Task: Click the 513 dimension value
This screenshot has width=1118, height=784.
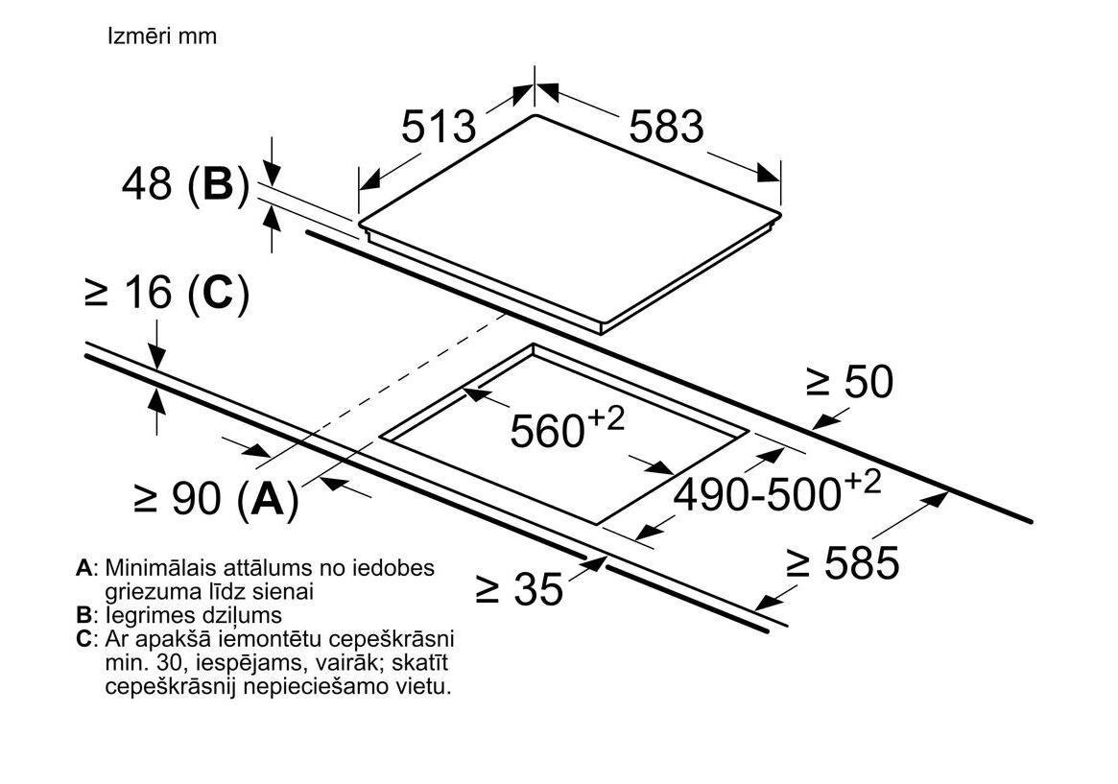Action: click(x=439, y=127)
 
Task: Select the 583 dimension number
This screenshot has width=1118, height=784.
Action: click(x=666, y=127)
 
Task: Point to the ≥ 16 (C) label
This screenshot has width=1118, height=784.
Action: click(x=166, y=294)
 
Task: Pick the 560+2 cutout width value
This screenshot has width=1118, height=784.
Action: click(x=567, y=428)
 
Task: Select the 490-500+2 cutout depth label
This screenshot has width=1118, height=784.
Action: click(x=777, y=492)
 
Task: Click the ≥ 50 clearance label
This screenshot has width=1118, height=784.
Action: click(x=849, y=382)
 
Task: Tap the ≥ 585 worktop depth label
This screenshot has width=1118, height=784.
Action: click(x=843, y=562)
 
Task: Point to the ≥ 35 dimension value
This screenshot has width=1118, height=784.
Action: click(x=519, y=588)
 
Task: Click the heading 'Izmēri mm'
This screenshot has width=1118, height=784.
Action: click(x=162, y=36)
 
